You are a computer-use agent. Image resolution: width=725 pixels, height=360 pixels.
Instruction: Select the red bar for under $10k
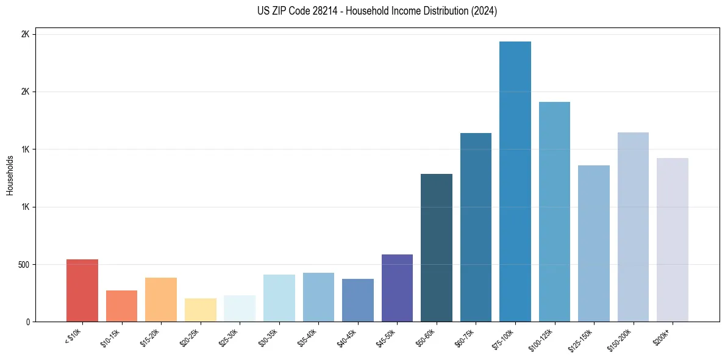(82, 290)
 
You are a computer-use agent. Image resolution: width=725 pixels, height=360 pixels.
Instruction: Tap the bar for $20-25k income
(201, 310)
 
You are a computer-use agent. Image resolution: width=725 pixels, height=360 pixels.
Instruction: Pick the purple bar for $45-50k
(397, 288)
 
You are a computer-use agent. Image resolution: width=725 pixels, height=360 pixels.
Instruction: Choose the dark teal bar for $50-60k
(437, 248)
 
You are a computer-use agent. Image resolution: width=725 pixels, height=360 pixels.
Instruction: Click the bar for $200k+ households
(673, 240)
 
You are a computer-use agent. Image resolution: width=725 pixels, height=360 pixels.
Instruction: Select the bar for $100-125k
(554, 212)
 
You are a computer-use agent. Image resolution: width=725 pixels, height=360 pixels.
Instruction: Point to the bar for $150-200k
(633, 227)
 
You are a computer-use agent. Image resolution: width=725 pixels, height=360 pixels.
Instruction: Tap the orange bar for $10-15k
(121, 306)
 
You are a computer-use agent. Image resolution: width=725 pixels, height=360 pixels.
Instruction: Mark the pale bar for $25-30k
(240, 308)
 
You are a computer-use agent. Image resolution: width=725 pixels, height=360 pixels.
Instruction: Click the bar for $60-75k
(476, 227)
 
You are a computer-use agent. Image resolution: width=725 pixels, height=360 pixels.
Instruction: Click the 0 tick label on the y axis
(27, 322)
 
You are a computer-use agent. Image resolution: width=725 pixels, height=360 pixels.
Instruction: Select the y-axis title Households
(10, 175)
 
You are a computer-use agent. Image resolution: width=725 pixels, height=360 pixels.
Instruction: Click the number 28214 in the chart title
(307, 11)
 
